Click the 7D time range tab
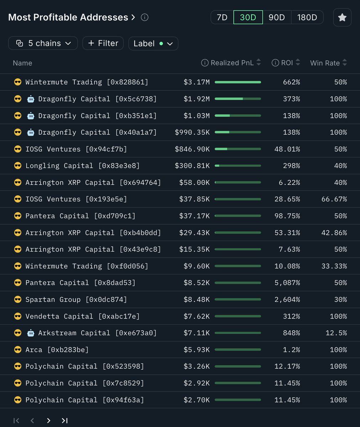click(x=222, y=17)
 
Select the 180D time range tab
click(x=307, y=17)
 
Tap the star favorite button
click(x=342, y=17)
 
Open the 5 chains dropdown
click(x=43, y=43)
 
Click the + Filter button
click(x=103, y=43)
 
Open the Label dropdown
click(x=153, y=43)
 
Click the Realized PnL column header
click(x=232, y=63)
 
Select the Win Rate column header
click(x=325, y=63)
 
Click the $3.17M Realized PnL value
click(x=197, y=82)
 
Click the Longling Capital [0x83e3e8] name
click(x=82, y=166)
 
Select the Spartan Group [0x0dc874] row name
click(x=76, y=300)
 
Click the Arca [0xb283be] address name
click(x=57, y=350)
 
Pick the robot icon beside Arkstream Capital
click(x=31, y=333)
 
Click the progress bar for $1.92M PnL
click(x=238, y=99)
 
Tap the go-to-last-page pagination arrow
click(x=64, y=421)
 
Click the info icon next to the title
click(x=145, y=17)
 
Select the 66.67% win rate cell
click(x=334, y=199)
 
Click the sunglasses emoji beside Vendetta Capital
click(x=17, y=316)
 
